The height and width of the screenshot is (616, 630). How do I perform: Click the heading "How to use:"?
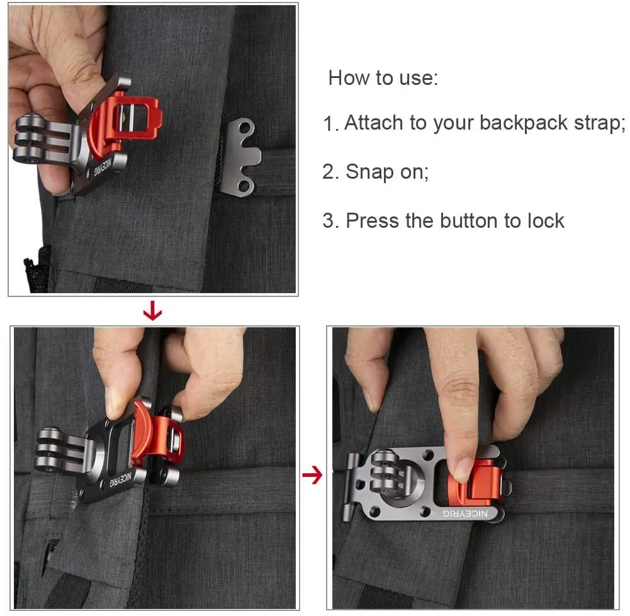click(x=383, y=77)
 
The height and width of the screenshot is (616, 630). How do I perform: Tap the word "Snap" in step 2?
click(x=369, y=172)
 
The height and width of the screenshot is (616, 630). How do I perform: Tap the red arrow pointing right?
click(x=312, y=476)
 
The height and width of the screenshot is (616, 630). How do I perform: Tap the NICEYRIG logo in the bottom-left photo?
click(x=120, y=480)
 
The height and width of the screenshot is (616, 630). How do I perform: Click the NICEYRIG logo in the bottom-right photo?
click(x=465, y=513)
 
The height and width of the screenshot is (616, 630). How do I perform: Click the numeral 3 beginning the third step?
click(x=328, y=221)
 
